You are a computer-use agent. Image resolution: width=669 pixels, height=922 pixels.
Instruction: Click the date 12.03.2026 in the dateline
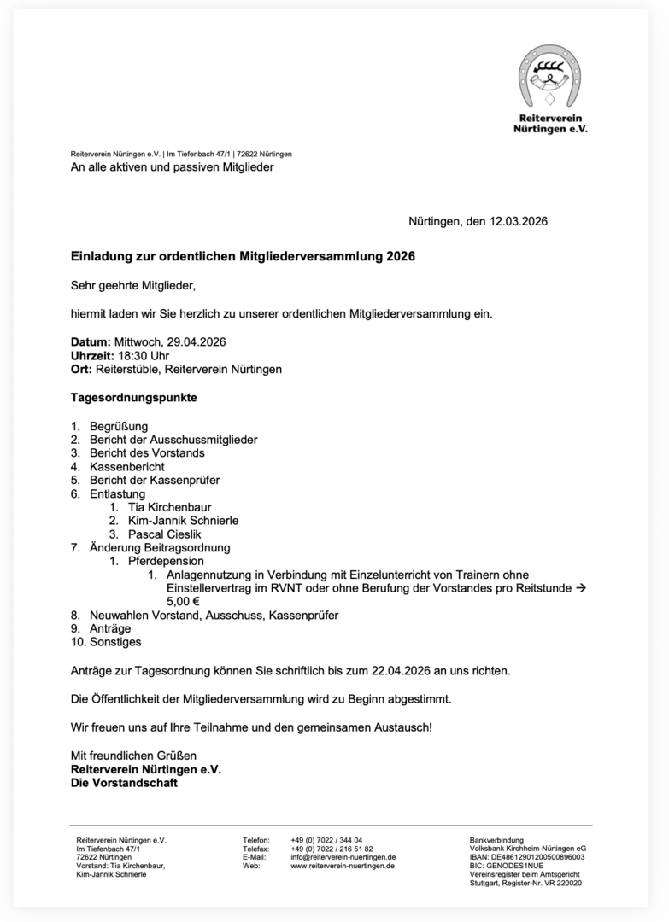(518, 221)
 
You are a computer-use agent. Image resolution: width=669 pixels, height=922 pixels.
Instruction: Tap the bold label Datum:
(91, 342)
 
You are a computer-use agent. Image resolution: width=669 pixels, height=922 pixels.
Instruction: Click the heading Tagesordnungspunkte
(133, 398)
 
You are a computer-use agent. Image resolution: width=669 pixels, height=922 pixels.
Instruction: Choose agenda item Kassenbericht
(127, 467)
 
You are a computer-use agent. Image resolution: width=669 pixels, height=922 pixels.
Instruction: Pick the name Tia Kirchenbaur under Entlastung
(169, 507)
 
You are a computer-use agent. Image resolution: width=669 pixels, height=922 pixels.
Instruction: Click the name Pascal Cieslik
(165, 534)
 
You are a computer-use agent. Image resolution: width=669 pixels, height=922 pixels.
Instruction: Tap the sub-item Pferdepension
(166, 561)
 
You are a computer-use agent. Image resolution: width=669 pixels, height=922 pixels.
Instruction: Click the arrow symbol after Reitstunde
(581, 588)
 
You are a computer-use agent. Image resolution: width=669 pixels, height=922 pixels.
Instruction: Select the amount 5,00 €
(183, 601)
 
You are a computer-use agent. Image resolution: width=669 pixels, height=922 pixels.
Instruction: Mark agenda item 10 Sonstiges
(115, 642)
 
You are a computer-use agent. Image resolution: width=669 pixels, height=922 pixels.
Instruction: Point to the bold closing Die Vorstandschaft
(124, 783)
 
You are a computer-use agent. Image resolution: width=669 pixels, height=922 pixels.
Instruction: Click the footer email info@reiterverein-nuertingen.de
(343, 857)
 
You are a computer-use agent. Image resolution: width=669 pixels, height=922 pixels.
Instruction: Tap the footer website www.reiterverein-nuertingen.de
(342, 866)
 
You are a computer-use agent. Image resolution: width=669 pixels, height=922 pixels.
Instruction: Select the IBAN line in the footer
(527, 857)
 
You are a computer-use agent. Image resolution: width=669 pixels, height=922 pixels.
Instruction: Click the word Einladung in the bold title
(97, 256)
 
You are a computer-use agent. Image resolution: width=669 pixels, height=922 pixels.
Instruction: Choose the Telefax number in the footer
(332, 849)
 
